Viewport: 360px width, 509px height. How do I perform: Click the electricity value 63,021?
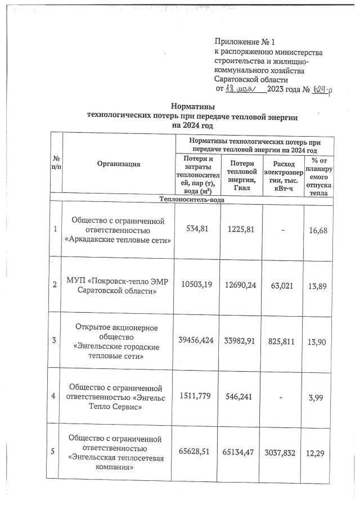click(x=282, y=285)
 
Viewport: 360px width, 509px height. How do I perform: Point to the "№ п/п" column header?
click(x=55, y=165)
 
